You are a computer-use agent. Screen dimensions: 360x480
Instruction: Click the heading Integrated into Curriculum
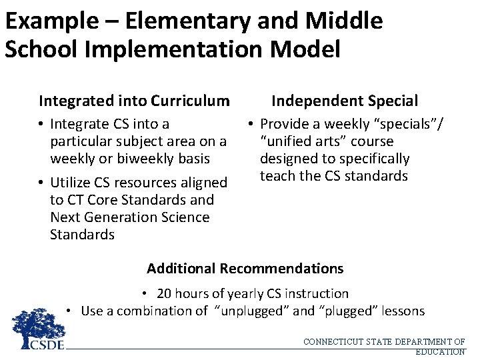[134, 101]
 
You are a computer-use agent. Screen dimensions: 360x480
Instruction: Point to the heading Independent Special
[345, 101]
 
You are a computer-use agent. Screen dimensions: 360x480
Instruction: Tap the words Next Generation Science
[129, 217]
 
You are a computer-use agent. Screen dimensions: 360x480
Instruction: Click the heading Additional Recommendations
[245, 269]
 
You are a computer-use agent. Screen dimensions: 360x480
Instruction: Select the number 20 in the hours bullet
[163, 293]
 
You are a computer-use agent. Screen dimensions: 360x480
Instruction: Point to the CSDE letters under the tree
[47, 345]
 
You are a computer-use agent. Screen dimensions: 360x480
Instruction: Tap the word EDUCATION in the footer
[439, 351]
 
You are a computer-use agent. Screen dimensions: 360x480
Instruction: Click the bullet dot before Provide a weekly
[248, 124]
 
